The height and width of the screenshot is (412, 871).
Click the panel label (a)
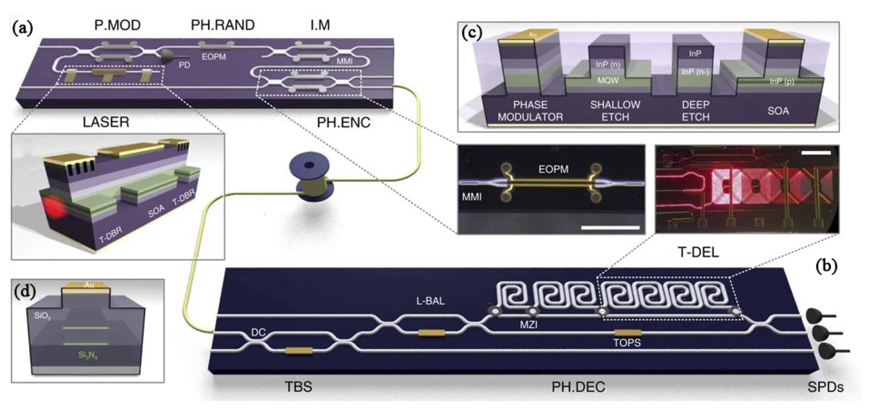[x=22, y=29]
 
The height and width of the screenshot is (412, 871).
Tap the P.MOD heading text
[x=117, y=25]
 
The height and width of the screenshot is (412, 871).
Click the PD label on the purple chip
[x=184, y=65]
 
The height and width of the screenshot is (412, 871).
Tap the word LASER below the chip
[x=106, y=122]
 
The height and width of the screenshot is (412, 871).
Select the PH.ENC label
[x=344, y=122]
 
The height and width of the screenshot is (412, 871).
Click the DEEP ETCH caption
[x=695, y=111]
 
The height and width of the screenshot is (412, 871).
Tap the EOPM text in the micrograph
[x=553, y=169]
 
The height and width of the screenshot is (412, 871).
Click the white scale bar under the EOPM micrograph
[x=610, y=228]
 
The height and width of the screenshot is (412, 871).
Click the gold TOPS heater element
[x=628, y=332]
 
